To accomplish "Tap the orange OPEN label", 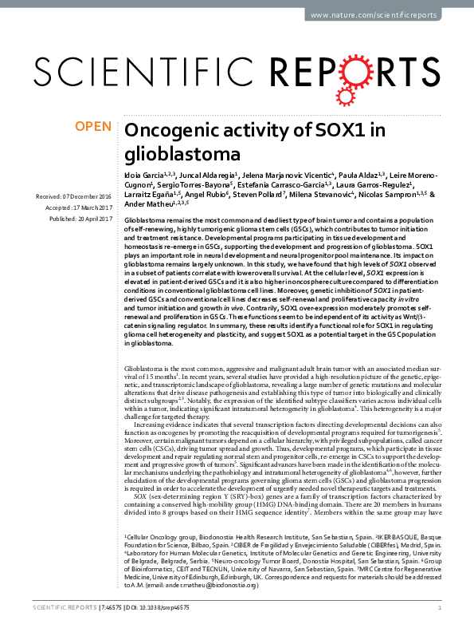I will click(92, 126).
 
